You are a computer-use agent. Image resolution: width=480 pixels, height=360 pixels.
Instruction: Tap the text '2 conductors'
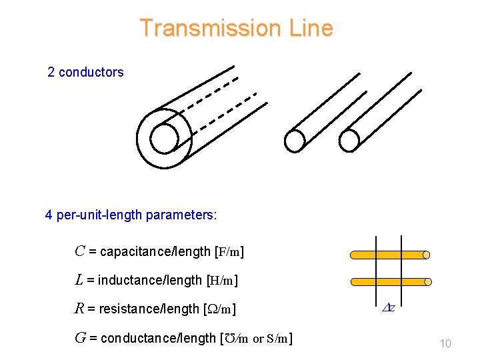85,72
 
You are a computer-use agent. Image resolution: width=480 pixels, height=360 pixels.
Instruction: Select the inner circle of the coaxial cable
164,138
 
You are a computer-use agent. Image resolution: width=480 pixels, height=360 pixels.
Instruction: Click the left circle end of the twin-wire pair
294,140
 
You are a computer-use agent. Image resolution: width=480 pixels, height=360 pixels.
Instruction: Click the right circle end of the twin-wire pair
349,140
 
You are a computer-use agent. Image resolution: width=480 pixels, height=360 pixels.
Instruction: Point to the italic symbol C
80,252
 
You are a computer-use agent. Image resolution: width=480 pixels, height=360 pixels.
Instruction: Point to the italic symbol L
79,281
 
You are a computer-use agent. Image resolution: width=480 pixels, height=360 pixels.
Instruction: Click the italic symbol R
79,309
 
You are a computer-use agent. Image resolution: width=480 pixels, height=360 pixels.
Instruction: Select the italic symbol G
81,339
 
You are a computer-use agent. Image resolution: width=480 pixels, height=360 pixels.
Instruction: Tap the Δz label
389,308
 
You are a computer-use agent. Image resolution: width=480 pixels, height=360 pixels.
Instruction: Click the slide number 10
445,343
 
